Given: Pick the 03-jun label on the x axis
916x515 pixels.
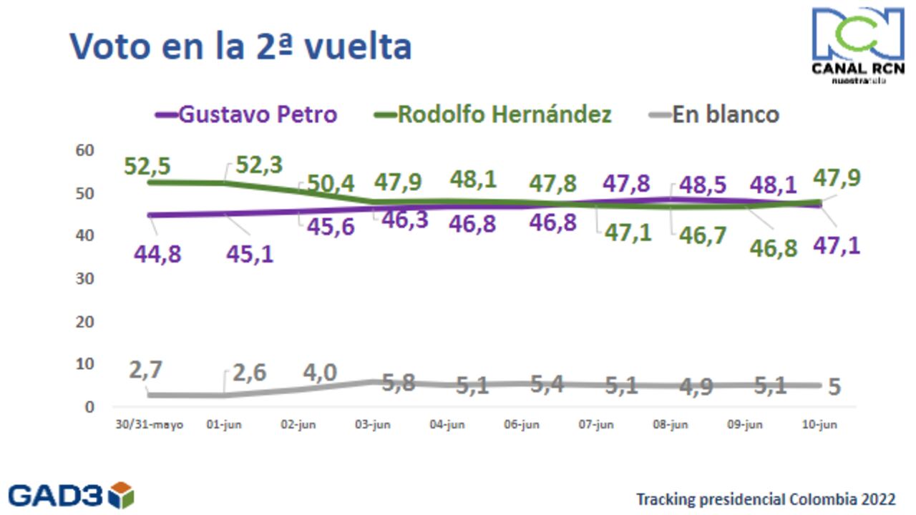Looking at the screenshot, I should tap(372, 425).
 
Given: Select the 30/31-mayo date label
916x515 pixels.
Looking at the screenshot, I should tap(150, 425).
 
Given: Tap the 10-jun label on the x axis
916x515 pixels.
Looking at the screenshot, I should tap(819, 425).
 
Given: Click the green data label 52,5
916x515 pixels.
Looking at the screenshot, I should tap(147, 166).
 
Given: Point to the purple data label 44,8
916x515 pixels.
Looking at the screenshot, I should tap(157, 253).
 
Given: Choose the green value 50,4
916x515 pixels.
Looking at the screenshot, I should tap(331, 183).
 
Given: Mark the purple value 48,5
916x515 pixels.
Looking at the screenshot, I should tap(701, 185).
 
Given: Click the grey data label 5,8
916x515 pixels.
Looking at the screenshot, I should tap(399, 383).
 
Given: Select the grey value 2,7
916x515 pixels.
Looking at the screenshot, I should tap(146, 371).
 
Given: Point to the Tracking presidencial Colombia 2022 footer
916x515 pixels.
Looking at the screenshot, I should tap(766, 499).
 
